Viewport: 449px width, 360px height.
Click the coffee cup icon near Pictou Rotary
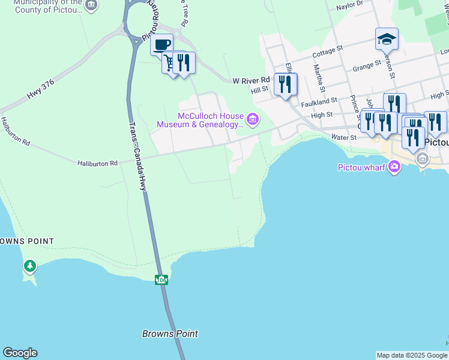[161, 44]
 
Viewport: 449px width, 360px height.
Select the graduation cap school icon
[387, 39]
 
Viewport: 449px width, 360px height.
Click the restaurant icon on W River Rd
[285, 83]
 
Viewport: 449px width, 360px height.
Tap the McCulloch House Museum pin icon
[253, 120]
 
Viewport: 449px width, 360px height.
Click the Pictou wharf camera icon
[394, 167]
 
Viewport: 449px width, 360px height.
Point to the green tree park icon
[29, 265]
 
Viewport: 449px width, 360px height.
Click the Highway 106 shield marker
[160, 280]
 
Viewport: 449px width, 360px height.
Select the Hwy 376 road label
[41, 91]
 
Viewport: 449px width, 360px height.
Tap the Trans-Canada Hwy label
[138, 156]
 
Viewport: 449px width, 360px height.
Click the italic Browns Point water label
[170, 334]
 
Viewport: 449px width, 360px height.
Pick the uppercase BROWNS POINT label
[26, 241]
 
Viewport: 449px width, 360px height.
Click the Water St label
[345, 137]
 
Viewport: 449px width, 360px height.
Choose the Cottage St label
[328, 52]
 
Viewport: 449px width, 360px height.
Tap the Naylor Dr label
[350, 5]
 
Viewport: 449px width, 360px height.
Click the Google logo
[20, 352]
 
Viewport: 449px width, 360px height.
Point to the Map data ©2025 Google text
[412, 355]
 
